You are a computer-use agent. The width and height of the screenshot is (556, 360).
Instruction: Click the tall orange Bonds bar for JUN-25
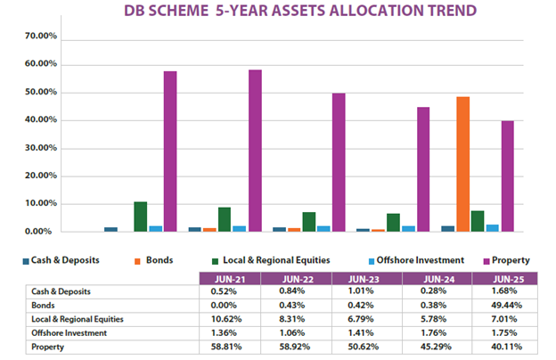click(463, 164)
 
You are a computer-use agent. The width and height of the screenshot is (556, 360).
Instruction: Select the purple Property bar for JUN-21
click(169, 151)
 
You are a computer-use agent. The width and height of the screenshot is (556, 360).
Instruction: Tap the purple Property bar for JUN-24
click(423, 169)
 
